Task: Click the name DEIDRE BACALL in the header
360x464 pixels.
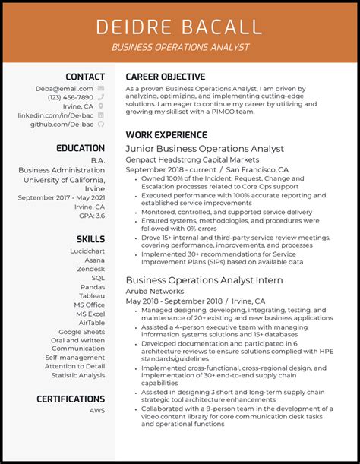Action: click(179, 27)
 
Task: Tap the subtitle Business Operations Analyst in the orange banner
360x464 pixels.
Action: click(179, 47)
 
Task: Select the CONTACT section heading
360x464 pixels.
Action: click(85, 77)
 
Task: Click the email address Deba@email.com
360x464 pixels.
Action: click(65, 89)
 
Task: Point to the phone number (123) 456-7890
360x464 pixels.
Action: click(71, 98)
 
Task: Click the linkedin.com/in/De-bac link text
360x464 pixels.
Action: click(55, 115)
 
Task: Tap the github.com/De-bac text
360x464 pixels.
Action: click(62, 124)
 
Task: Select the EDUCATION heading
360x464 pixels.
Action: click(81, 148)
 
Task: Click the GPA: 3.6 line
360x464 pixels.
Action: click(90, 216)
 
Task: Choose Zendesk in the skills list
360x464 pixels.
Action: click(90, 268)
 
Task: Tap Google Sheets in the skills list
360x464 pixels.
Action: click(82, 332)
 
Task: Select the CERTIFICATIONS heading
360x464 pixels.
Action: click(71, 399)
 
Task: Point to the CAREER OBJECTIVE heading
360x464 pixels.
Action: click(166, 77)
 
